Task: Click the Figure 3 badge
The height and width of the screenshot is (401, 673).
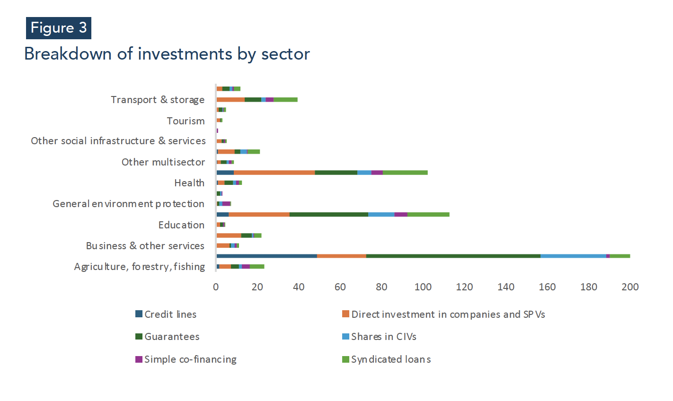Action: coord(59,28)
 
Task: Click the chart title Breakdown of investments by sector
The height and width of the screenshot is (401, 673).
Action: coord(167,54)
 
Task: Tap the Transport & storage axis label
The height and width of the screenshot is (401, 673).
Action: coord(158,100)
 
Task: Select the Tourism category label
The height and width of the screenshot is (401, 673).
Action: coord(186,121)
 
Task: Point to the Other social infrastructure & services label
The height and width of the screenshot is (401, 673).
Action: coord(118,141)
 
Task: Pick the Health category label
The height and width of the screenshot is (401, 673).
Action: coord(189,183)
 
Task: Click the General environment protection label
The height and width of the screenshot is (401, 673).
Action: coord(129,204)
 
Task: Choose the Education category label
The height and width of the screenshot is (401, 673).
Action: coord(181,225)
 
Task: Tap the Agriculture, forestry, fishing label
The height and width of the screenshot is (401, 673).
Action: coord(140,267)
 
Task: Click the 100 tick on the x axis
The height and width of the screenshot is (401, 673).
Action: coord(423,287)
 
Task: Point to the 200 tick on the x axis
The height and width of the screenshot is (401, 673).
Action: coord(630,287)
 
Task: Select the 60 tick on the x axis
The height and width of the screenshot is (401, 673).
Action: coord(340,287)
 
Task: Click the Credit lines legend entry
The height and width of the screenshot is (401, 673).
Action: coord(166,314)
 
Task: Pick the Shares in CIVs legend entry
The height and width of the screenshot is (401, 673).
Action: coord(379,337)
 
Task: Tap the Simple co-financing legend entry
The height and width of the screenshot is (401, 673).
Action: coord(186,359)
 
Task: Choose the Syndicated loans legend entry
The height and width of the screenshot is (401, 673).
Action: coord(386,359)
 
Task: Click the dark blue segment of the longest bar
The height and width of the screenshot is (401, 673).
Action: coord(267,256)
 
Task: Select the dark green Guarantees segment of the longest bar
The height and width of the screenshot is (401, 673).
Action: coord(453,256)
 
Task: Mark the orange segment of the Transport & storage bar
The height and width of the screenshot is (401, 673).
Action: coord(230,100)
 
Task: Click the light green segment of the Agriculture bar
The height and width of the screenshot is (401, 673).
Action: coord(257,267)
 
